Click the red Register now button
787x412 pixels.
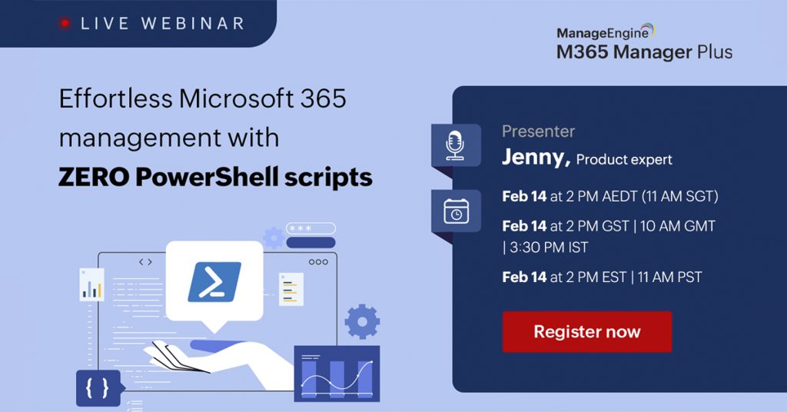coord(586,332)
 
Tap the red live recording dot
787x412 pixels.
coord(65,23)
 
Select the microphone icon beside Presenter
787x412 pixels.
coord(455,145)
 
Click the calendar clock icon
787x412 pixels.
coord(457,211)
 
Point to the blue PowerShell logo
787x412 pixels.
coord(214,281)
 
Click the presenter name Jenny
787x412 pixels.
coord(536,158)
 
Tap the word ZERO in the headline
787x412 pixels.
coord(93,177)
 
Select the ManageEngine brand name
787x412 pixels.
coord(603,33)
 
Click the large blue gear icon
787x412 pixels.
coord(362,321)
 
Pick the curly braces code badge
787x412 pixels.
coord(98,388)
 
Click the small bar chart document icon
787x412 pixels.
coord(92,284)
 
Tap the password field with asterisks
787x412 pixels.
coord(310,228)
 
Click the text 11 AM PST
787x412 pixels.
coord(670,277)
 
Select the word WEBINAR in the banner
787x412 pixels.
coord(193,23)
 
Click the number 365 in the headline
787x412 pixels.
coord(324,98)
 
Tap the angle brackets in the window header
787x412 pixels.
coord(145,262)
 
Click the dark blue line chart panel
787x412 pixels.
coord(337,374)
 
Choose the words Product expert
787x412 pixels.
coord(624,160)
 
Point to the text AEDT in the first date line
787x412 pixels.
coord(619,196)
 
